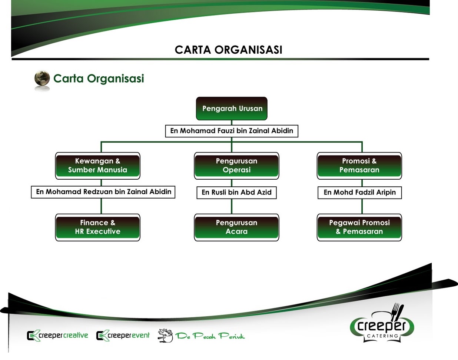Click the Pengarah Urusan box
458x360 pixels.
[x=232, y=109]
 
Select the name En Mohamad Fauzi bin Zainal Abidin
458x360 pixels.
[x=232, y=131]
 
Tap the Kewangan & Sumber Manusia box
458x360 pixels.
[x=97, y=166]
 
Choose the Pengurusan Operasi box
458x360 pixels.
[x=236, y=166]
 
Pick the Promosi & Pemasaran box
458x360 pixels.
[x=359, y=166]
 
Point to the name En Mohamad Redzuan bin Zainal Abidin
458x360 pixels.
[x=103, y=192]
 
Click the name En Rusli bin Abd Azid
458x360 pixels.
[x=236, y=192]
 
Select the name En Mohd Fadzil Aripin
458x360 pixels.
[x=359, y=192]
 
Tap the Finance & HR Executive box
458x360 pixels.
[x=97, y=227]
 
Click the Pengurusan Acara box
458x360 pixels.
[x=236, y=227]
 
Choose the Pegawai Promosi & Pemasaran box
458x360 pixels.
[x=359, y=227]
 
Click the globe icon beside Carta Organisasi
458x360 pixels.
[x=42, y=79]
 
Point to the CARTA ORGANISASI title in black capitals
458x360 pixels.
[x=228, y=50]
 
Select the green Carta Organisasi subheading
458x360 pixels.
[x=99, y=79]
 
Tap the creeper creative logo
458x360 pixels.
[x=57, y=336]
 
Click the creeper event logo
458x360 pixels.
[x=123, y=336]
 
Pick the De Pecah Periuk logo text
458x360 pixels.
[x=210, y=336]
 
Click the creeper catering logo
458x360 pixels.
[x=382, y=327]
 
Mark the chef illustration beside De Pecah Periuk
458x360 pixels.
[x=165, y=335]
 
